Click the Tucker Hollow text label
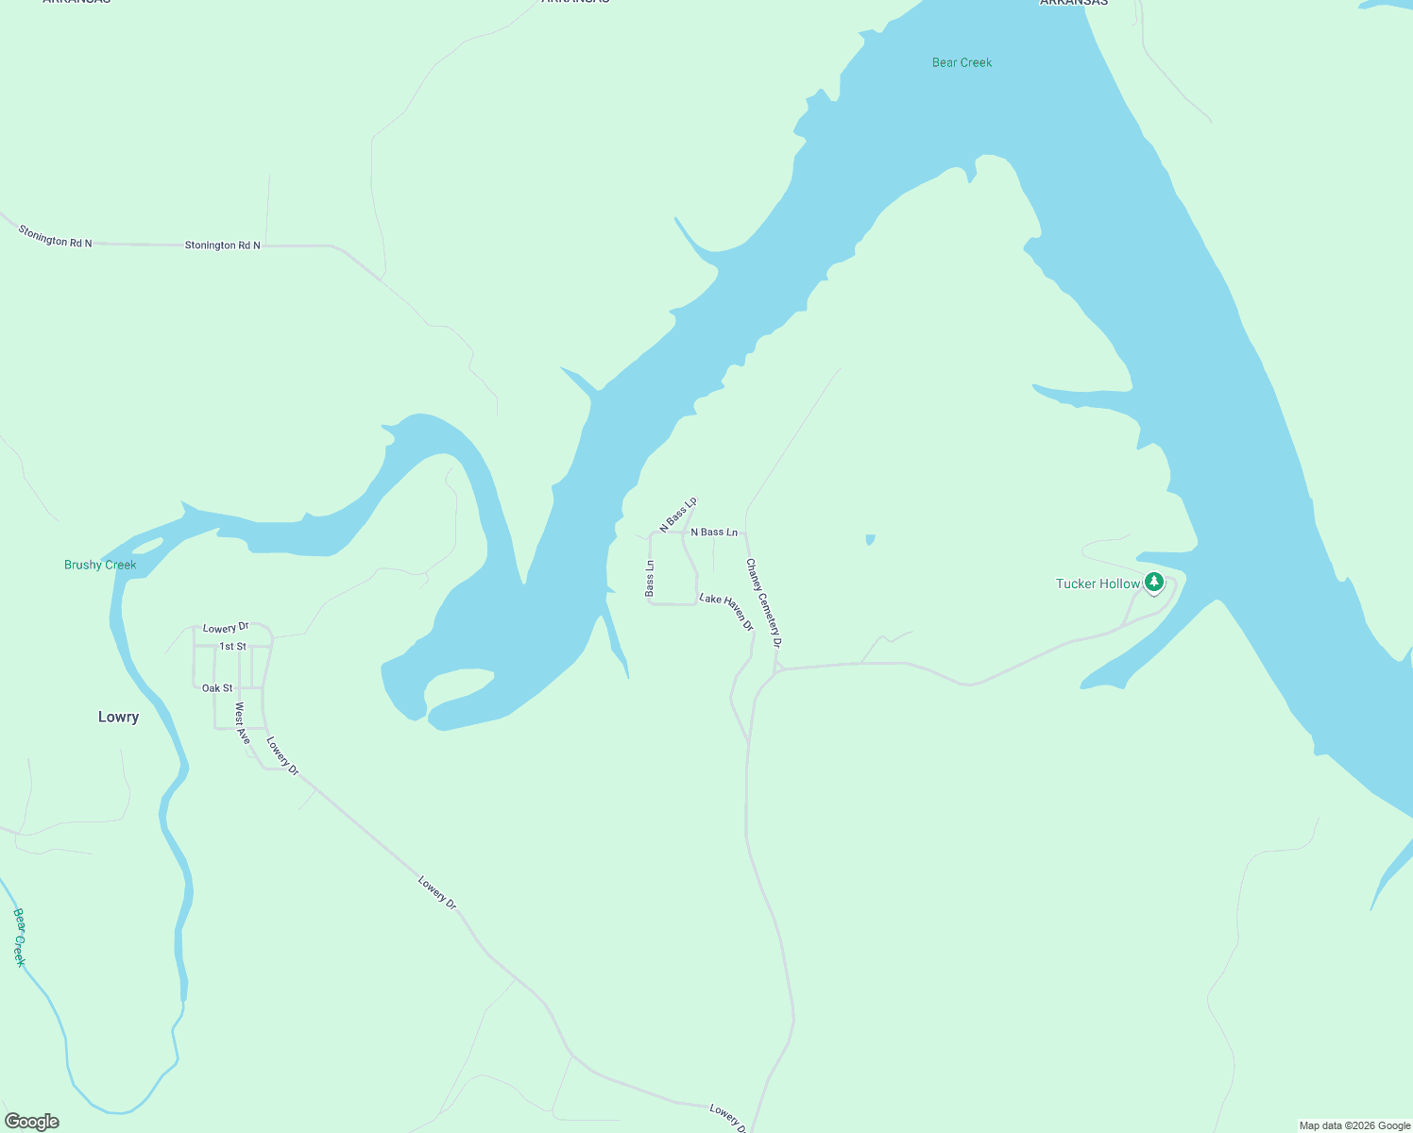pyautogui.click(x=1098, y=583)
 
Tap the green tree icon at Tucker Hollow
pyautogui.click(x=1153, y=582)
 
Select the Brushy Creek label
pyautogui.click(x=100, y=565)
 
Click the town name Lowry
pyautogui.click(x=118, y=717)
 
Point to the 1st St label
pyautogui.click(x=232, y=647)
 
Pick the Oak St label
pyautogui.click(x=217, y=688)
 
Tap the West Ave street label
pyautogui.click(x=243, y=722)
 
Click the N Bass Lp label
pyautogui.click(x=678, y=514)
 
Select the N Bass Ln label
pyautogui.click(x=714, y=533)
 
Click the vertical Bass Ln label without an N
pyautogui.click(x=650, y=578)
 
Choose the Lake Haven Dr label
pyautogui.click(x=726, y=612)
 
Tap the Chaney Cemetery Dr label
pyautogui.click(x=764, y=602)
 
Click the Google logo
pyautogui.click(x=32, y=1122)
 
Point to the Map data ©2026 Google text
pyautogui.click(x=1354, y=1125)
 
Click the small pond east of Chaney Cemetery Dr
pyautogui.click(x=870, y=540)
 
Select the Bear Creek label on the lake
pyautogui.click(x=962, y=62)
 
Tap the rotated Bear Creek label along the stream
pyautogui.click(x=19, y=937)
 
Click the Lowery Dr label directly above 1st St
pyautogui.click(x=226, y=628)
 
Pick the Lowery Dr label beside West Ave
pyautogui.click(x=282, y=756)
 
